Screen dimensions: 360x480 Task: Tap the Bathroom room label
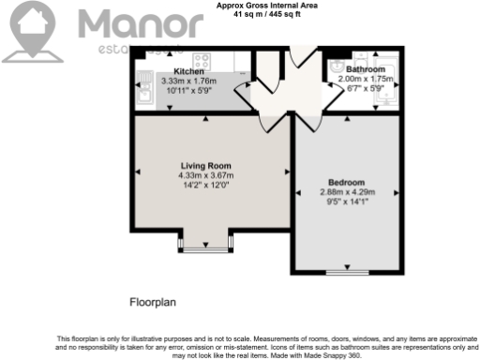pyautogui.click(x=364, y=69)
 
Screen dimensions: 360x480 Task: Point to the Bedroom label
pyautogui.click(x=346, y=182)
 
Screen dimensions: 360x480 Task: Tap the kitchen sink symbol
pyautogui.click(x=143, y=92)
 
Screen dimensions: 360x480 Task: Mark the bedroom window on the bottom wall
pyautogui.click(x=346, y=273)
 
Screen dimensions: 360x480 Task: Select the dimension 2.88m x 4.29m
pyautogui.click(x=346, y=192)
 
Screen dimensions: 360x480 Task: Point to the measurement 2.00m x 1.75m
pyautogui.click(x=364, y=80)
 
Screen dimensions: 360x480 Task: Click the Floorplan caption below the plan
pyautogui.click(x=153, y=302)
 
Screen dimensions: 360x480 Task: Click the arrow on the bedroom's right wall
pyautogui.click(x=397, y=193)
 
